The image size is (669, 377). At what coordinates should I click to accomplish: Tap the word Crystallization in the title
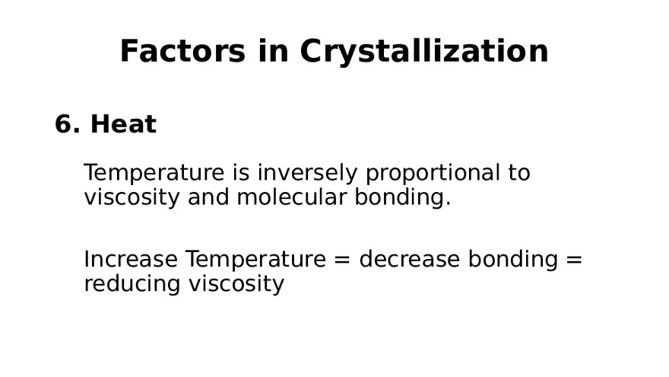(423, 52)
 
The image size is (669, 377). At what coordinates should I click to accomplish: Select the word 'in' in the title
(271, 52)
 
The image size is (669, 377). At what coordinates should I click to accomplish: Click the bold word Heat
(123, 124)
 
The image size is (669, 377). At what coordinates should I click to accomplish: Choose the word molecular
(291, 197)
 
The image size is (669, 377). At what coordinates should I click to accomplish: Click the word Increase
(131, 259)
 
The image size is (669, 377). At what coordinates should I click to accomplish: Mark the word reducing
(121, 284)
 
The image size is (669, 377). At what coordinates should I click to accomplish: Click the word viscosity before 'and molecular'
(132, 198)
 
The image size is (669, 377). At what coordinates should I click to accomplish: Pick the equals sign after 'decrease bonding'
(574, 260)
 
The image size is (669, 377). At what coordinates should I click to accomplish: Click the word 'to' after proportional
(518, 173)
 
